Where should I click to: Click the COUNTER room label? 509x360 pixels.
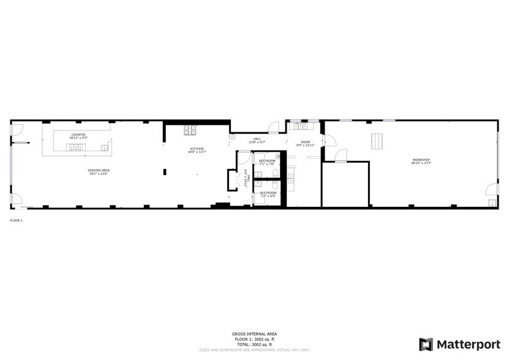click(78, 134)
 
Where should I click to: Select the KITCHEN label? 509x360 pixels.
click(196, 149)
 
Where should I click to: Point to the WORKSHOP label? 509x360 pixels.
click(421, 160)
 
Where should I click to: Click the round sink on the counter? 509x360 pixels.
click(105, 148)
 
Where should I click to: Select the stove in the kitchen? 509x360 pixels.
click(189, 130)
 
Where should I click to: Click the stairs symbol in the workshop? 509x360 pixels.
click(377, 141)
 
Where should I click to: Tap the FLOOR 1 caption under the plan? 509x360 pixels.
click(16, 220)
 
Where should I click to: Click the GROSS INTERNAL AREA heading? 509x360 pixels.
click(254, 334)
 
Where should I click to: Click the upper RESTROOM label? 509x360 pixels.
click(267, 160)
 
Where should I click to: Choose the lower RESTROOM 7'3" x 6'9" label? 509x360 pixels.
click(268, 194)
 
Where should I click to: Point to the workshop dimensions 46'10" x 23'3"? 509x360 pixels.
click(421, 163)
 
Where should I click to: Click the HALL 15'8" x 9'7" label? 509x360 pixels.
click(257, 140)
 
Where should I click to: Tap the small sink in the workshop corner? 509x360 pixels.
click(491, 202)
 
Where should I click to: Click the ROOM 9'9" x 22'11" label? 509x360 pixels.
click(305, 143)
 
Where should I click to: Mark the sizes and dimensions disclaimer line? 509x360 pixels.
click(254, 350)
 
